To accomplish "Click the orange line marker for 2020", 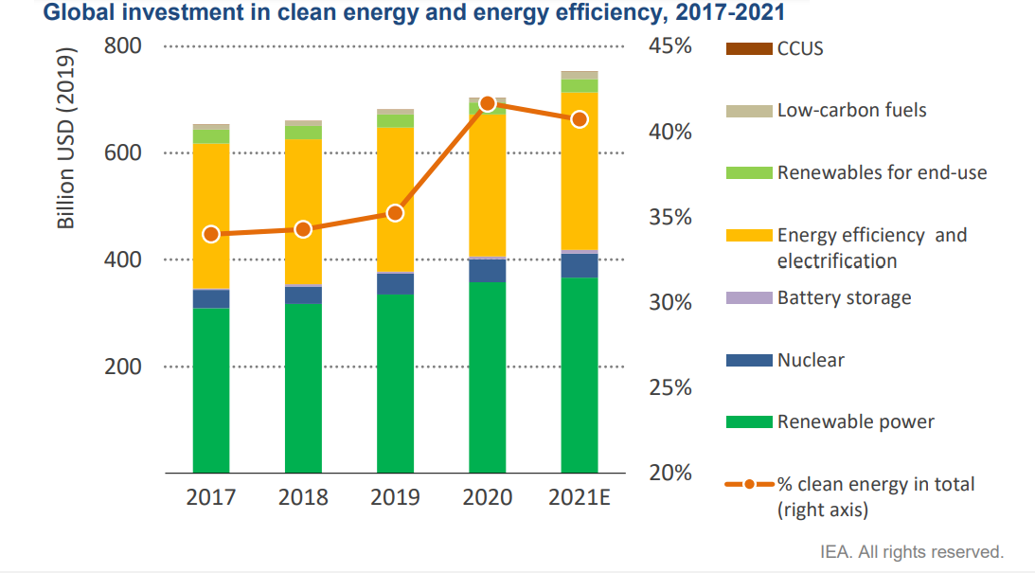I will tap(488, 103).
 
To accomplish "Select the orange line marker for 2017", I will tap(211, 234).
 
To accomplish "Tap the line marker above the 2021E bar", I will tap(580, 118).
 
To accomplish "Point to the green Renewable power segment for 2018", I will tap(303, 388).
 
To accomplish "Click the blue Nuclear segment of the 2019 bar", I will tap(395, 284).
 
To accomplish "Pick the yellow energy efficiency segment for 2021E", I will tap(580, 170).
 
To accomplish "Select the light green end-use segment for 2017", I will tap(211, 136).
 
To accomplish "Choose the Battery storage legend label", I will tap(844, 298).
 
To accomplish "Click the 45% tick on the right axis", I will tap(670, 46).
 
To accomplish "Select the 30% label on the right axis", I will tap(670, 303).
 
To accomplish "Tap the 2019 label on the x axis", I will tap(395, 497).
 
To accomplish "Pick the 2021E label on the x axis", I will tap(580, 497).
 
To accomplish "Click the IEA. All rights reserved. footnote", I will tap(911, 551).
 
